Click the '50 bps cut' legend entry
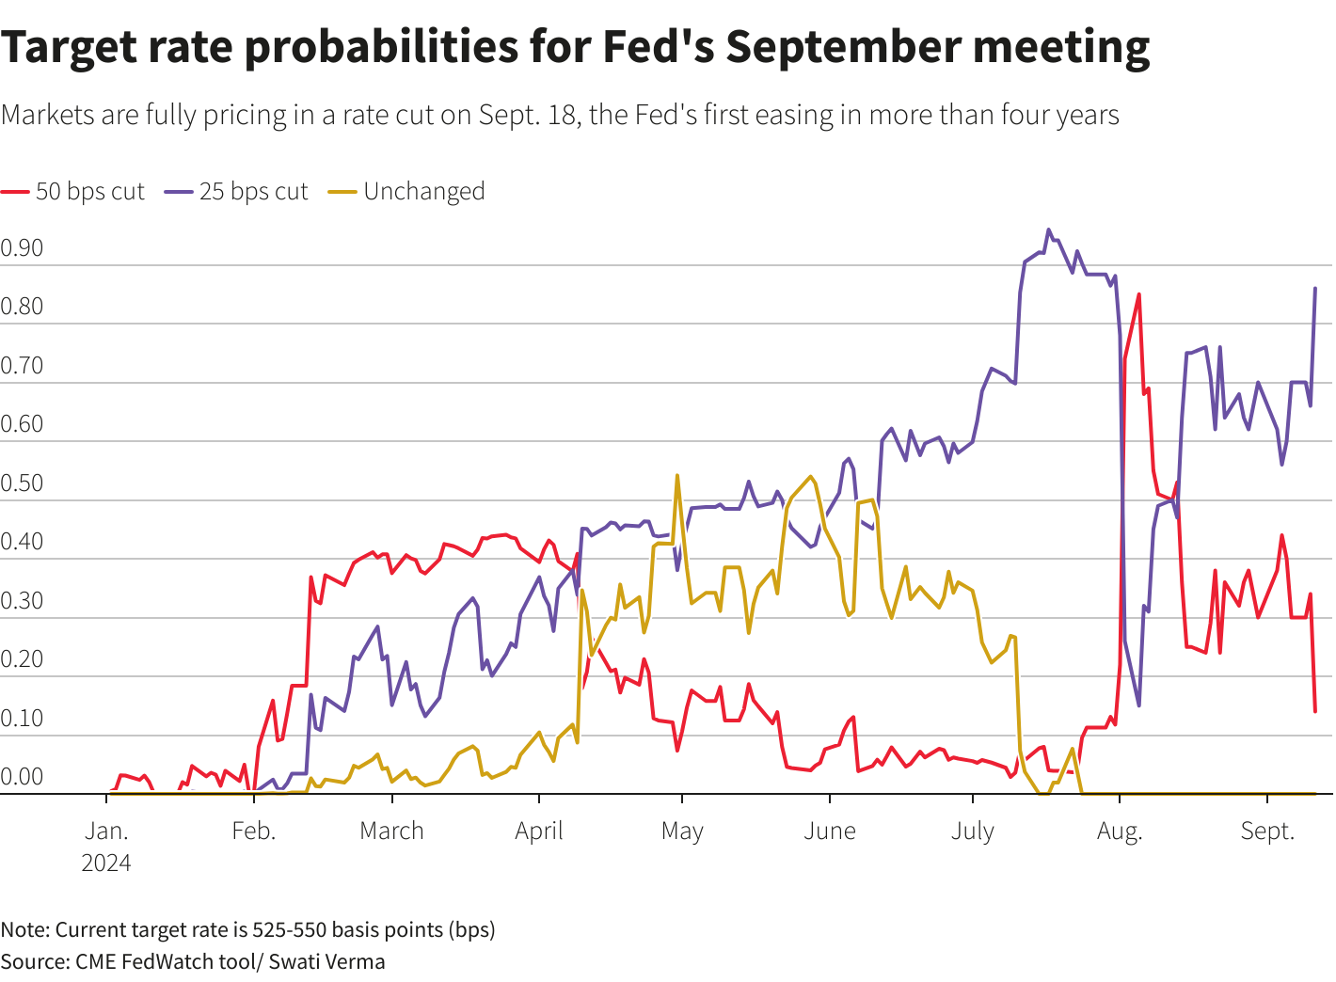[x=89, y=192]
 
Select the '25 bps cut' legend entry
[x=253, y=192]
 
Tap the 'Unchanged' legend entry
[x=423, y=192]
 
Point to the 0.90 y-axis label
[x=22, y=248]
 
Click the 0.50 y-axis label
[x=22, y=483]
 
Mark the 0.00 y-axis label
[x=22, y=777]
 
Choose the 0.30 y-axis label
[x=22, y=601]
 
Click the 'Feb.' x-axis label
[x=253, y=832]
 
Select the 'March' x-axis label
[x=391, y=832]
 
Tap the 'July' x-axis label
[x=972, y=832]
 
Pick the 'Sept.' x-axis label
[x=1267, y=832]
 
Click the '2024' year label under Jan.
[x=106, y=863]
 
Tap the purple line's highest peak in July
[x=1049, y=230]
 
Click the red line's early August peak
[x=1138, y=294]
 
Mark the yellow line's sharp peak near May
[x=677, y=476]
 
